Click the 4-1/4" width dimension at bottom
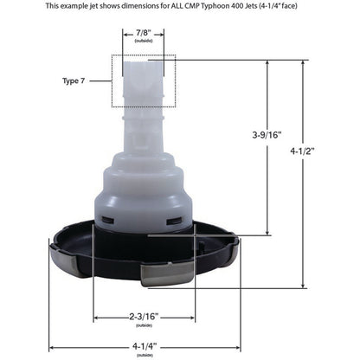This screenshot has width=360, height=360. tap(143, 344)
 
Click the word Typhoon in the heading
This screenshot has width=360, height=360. tap(234, 6)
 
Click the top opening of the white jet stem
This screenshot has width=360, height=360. tap(143, 62)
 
